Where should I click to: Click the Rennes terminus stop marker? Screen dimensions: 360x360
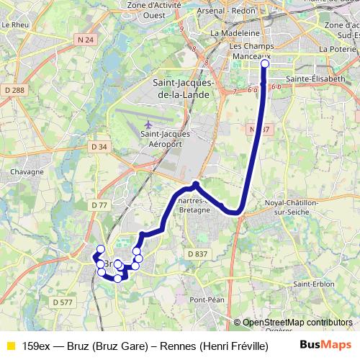pyautogui.click(x=264, y=64)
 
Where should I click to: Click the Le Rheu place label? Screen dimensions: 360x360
pyautogui.click(x=14, y=24)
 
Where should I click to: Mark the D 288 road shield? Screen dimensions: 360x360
pyautogui.click(x=14, y=90)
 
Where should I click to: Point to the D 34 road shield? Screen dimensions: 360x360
pyautogui.click(x=99, y=147)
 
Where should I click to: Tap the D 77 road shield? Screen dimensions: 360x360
pyautogui.click(x=99, y=205)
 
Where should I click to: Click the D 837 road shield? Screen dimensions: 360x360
pyautogui.click(x=197, y=253)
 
